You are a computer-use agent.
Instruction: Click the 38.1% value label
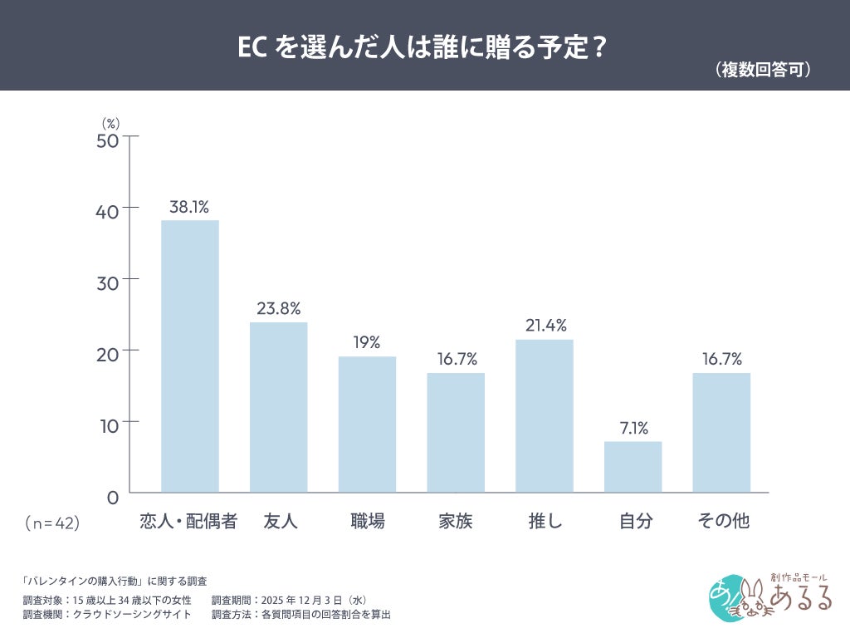coord(189,206)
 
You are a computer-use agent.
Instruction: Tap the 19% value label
coord(367,341)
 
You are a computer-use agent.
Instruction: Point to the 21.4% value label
coord(544,325)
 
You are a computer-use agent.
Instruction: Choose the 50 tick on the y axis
coord(108,140)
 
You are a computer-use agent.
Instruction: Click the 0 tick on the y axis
coord(113,497)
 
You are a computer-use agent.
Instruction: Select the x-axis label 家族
coord(455,522)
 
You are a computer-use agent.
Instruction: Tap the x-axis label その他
coord(721,522)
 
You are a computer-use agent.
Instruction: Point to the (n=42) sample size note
coord(51,523)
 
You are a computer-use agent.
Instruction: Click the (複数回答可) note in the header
coord(762,70)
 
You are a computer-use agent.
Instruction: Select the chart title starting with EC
coord(422,47)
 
